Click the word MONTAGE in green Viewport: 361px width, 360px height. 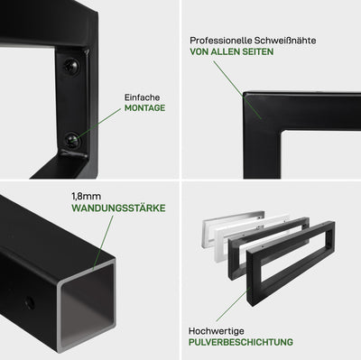pyautogui.click(x=144, y=108)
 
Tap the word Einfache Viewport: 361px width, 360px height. pyautogui.click(x=142, y=97)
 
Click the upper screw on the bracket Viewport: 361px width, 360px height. pyautogui.click(x=71, y=65)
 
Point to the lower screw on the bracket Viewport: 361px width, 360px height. pyautogui.click(x=72, y=140)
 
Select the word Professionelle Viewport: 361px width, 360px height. pyautogui.click(x=220, y=41)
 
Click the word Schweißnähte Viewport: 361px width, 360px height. pyautogui.click(x=285, y=41)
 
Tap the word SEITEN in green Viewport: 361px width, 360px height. pyautogui.click(x=256, y=51)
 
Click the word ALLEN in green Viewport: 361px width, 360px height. pyautogui.click(x=224, y=51)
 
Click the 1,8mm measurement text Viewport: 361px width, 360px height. pyautogui.click(x=86, y=197)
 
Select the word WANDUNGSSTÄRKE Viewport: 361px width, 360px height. pyautogui.click(x=118, y=208)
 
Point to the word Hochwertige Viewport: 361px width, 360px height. pyautogui.click(x=217, y=331)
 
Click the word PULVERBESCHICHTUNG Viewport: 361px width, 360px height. pyautogui.click(x=241, y=342)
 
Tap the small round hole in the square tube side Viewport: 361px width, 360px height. pyautogui.click(x=29, y=302)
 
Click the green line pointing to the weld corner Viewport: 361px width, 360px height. pyautogui.click(x=237, y=90)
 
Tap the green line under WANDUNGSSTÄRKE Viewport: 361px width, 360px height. pyautogui.click(x=103, y=242)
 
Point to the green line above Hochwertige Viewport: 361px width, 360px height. pyautogui.click(x=234, y=304)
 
